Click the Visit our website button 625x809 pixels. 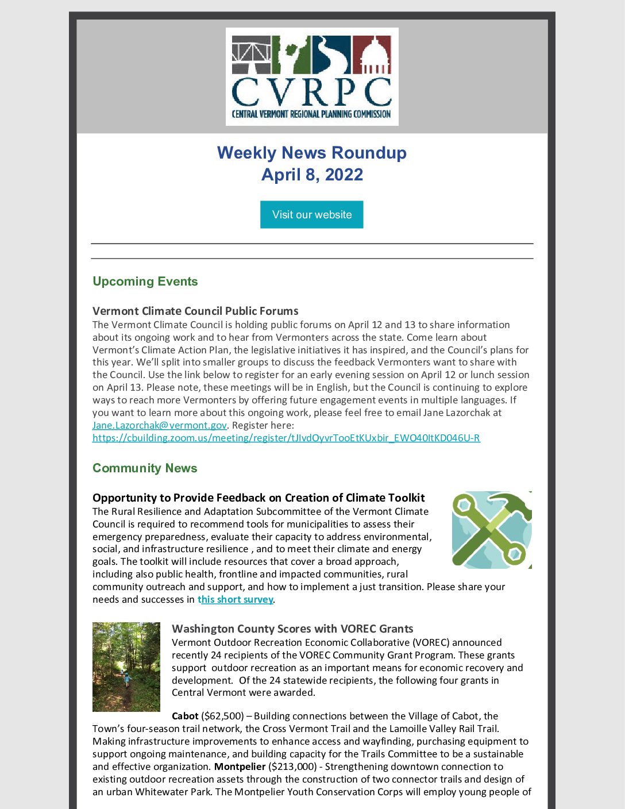311,214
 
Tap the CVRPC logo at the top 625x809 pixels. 312,76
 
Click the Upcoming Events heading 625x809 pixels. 145,282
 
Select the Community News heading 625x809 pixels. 145,468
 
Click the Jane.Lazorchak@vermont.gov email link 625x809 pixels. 160,425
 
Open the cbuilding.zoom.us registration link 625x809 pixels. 286,438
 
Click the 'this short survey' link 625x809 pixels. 236,599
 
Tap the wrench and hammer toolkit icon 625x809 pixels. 491,530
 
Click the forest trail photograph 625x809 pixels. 126,667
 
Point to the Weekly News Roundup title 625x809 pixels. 312,153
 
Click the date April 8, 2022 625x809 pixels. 312,175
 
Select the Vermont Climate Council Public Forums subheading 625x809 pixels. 195,311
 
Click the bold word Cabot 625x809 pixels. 185,716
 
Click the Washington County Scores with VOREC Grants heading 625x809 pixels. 292,629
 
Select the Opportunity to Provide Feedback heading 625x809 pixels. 259,498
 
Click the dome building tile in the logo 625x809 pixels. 372,55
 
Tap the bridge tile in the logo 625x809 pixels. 251,55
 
